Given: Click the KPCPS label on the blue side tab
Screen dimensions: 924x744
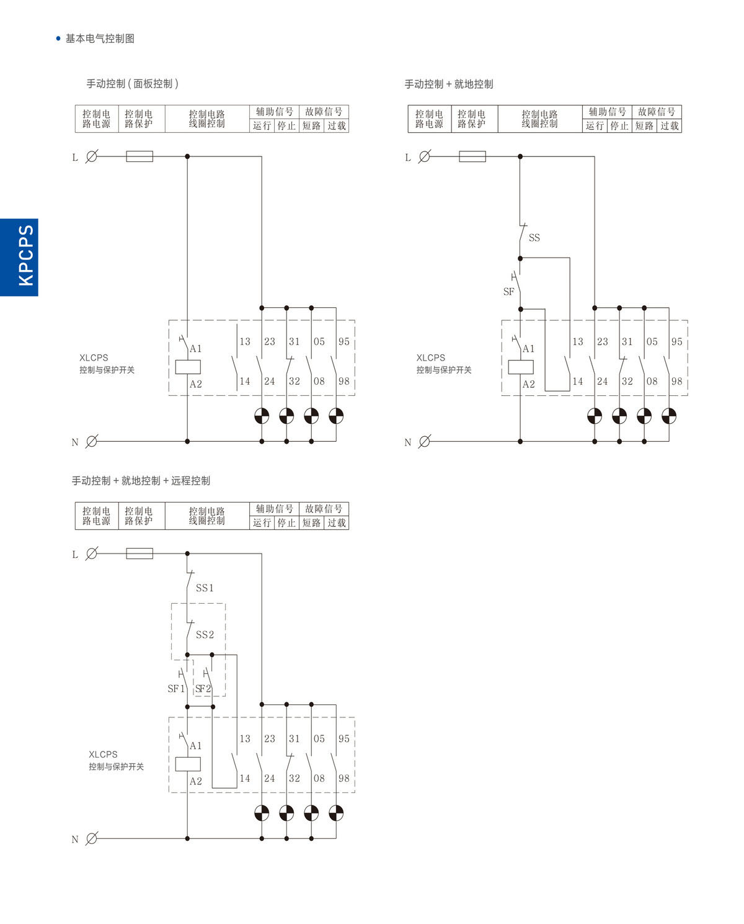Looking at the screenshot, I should click(x=25, y=256).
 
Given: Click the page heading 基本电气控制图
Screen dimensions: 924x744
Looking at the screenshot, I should click(x=100, y=38).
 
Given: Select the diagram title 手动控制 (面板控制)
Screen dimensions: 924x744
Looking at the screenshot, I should click(x=132, y=84).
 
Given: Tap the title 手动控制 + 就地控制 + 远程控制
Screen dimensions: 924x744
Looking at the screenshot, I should click(x=141, y=481).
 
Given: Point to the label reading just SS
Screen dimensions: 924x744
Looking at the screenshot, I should click(x=534, y=238).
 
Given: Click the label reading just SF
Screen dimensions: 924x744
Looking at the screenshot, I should click(x=508, y=292).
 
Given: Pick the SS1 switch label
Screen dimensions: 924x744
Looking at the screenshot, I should click(x=205, y=588).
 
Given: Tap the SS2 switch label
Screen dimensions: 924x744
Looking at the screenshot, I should click(x=205, y=635).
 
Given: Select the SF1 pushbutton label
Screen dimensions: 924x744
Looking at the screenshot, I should click(x=176, y=689).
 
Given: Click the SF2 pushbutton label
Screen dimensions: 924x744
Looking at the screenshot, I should click(x=203, y=689).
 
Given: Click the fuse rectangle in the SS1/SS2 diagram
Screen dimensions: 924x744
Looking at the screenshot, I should click(x=139, y=554).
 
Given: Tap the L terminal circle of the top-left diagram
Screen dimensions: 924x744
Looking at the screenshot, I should click(x=91, y=157).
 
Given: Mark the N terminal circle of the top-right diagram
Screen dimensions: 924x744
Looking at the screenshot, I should click(x=424, y=442).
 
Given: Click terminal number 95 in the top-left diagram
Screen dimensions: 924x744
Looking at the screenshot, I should click(x=344, y=342).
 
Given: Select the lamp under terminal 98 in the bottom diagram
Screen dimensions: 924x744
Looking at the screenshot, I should click(x=336, y=813).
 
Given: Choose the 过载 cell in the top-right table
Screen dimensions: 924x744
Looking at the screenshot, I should click(x=670, y=126).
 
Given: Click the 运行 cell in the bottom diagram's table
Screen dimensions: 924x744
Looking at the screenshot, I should click(x=262, y=523).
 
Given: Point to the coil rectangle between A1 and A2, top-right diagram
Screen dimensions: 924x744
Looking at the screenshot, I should click(x=520, y=367).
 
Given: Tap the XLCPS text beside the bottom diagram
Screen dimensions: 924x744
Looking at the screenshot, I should click(x=103, y=755).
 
